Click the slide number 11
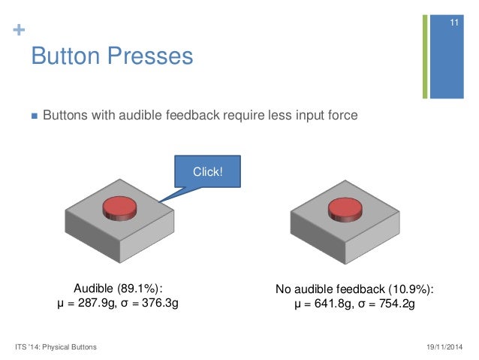(453, 26)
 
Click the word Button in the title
(66, 56)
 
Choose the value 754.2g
(392, 304)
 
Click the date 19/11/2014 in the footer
(444, 346)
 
